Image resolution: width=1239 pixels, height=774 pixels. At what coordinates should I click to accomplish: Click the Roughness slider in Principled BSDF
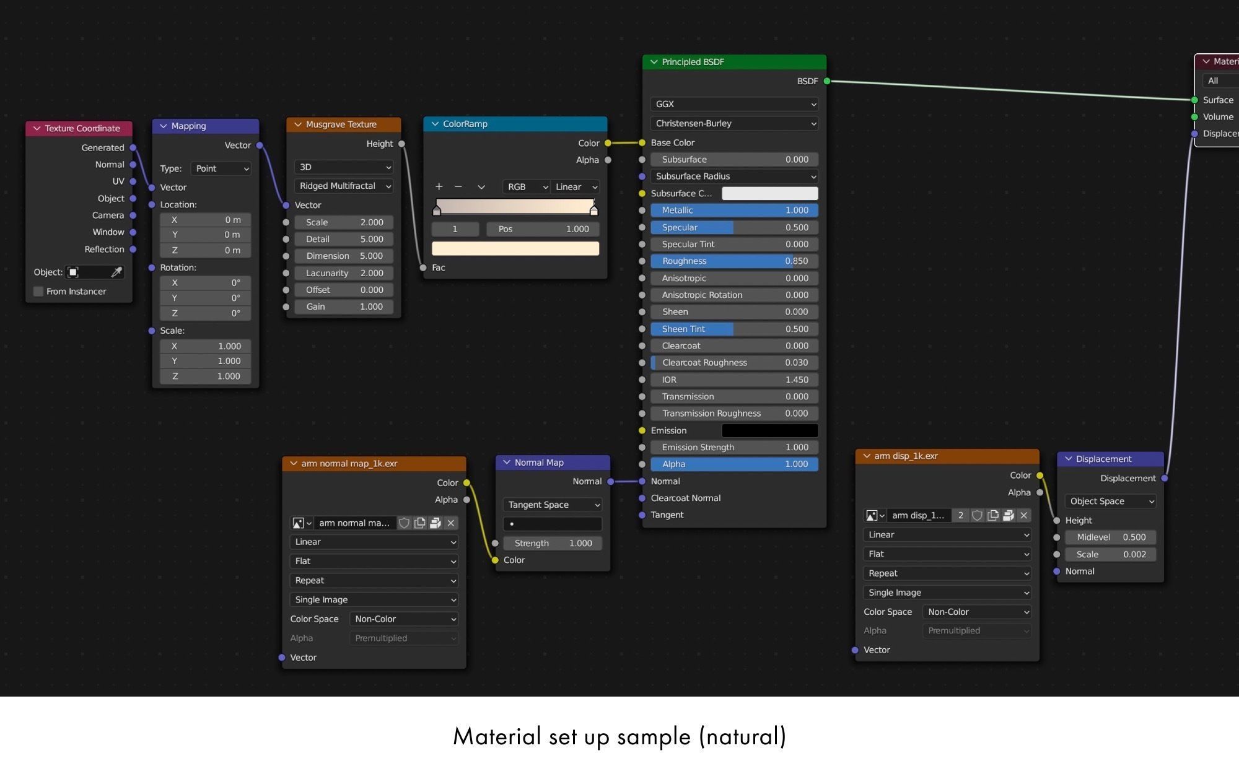(x=734, y=261)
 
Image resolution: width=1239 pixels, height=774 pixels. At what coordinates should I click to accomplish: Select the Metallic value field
(x=734, y=211)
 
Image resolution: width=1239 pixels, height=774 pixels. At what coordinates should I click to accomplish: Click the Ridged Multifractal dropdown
(x=344, y=186)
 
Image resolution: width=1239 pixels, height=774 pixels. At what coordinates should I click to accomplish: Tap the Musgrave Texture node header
(x=344, y=124)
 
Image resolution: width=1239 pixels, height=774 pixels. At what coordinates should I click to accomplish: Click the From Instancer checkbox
(x=38, y=292)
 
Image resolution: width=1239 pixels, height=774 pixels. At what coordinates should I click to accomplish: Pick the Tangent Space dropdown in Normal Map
(x=553, y=505)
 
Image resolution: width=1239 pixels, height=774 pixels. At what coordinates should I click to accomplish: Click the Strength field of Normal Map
(x=553, y=543)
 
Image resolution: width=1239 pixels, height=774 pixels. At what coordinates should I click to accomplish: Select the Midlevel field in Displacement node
(x=1111, y=537)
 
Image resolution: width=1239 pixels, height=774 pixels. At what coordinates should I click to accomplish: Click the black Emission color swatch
(x=770, y=430)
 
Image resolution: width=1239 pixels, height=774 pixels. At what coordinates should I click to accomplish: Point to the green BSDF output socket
(x=827, y=81)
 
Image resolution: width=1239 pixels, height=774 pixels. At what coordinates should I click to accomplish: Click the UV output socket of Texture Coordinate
(x=133, y=181)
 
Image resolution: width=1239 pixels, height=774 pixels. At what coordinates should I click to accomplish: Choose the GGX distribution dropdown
(x=734, y=104)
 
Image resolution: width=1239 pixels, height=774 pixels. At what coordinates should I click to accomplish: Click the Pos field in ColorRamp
(x=543, y=229)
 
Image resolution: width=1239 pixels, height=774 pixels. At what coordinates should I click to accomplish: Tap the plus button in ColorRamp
(x=439, y=186)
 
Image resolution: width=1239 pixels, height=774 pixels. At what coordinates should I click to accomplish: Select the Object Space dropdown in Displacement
(x=1111, y=501)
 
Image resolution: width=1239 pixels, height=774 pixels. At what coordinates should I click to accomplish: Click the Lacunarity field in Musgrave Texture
(x=344, y=273)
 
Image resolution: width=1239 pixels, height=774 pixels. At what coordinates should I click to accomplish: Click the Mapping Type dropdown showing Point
(x=221, y=168)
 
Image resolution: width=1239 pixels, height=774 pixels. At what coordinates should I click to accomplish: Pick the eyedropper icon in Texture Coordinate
(x=116, y=272)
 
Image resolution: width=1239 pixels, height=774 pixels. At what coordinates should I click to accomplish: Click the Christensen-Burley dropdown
(x=734, y=123)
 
